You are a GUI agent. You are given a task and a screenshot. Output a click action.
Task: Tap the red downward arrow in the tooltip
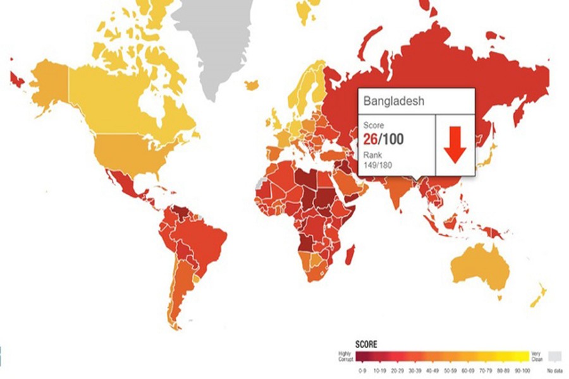click(455, 145)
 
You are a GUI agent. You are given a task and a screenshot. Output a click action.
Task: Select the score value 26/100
click(384, 138)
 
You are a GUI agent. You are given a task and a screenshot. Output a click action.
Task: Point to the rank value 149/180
click(377, 165)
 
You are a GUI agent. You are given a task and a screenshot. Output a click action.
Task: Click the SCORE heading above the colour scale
click(367, 344)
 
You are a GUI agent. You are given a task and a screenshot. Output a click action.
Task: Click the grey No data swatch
click(554, 356)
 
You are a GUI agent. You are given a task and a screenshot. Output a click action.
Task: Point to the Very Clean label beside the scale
click(537, 356)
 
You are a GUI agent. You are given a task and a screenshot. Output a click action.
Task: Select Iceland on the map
click(252, 85)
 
